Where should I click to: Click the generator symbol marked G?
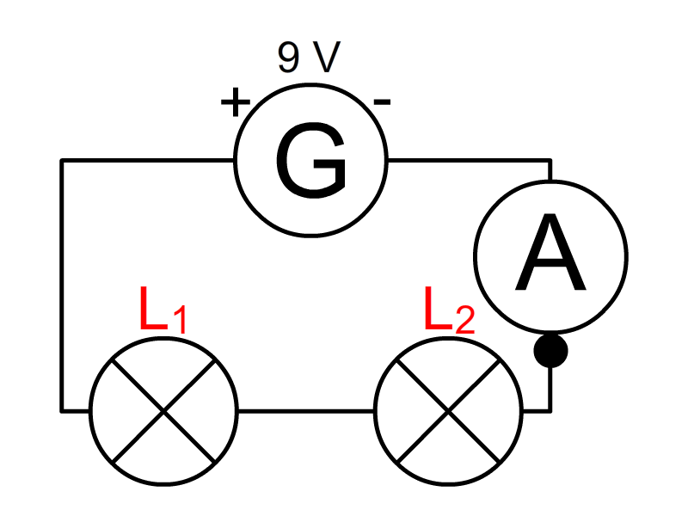(311, 160)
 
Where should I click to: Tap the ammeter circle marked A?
(550, 255)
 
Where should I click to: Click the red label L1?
(162, 313)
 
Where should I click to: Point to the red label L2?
(447, 313)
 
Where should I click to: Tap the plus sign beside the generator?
(234, 103)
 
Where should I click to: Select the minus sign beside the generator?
(383, 103)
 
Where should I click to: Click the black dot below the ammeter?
(550, 351)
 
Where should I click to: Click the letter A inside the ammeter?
(550, 255)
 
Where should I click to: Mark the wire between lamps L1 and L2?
(305, 410)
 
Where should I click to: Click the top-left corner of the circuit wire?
(62, 160)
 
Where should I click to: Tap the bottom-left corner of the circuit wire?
(62, 410)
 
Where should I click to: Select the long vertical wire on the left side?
(62, 284)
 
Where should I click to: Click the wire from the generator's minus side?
(469, 160)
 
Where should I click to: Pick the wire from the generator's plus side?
(146, 160)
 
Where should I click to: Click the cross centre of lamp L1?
(163, 410)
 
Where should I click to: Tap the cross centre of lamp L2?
(448, 410)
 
